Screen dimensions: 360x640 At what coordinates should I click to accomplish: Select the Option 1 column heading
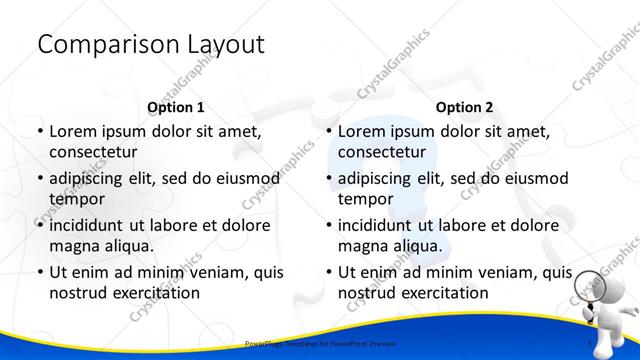click(x=176, y=107)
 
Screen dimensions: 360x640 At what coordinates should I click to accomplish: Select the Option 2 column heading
click(x=465, y=107)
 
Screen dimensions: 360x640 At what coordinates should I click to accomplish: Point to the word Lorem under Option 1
click(x=72, y=131)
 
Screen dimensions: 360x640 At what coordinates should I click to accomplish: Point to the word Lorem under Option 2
click(x=361, y=131)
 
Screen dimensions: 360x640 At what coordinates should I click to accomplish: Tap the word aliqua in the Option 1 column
click(x=127, y=246)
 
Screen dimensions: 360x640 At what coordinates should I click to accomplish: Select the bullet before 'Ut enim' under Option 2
click(x=328, y=272)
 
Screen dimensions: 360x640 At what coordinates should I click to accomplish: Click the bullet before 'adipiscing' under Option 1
click(x=39, y=178)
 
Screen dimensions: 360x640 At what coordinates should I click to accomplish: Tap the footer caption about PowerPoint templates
click(x=321, y=343)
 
